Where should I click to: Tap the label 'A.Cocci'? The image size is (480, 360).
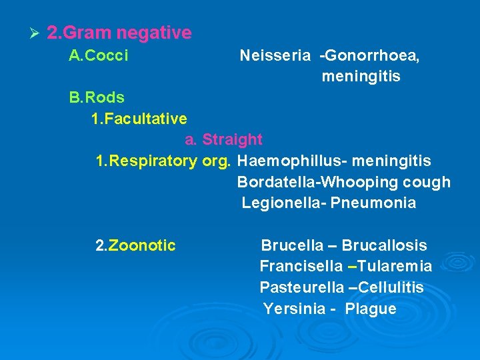(99, 56)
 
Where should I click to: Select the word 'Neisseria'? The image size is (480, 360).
(270, 56)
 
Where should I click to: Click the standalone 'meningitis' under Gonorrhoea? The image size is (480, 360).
(361, 77)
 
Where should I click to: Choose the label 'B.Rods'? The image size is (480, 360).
(97, 98)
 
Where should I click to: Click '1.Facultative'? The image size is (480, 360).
(139, 119)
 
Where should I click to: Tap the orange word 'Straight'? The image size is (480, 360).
(232, 140)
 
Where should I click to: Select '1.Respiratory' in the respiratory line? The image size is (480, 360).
(146, 161)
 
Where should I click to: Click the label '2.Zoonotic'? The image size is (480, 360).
(136, 246)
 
